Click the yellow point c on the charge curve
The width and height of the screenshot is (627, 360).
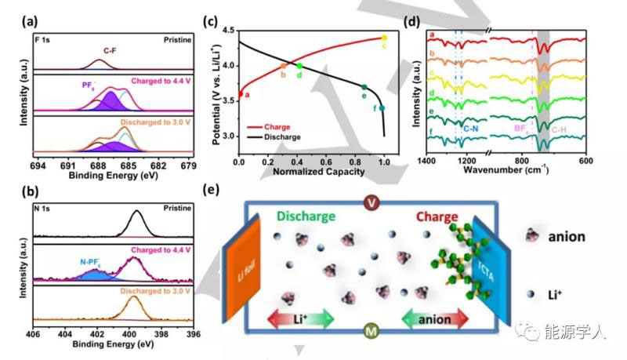[384, 37]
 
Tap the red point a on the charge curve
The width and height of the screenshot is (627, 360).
[240, 95]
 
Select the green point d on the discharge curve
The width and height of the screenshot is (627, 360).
[299, 65]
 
